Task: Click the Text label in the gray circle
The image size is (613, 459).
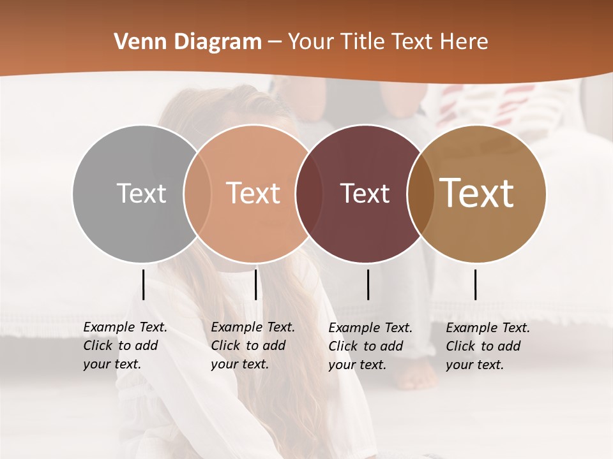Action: pyautogui.click(x=141, y=193)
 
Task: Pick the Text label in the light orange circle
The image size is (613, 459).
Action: pyautogui.click(x=254, y=193)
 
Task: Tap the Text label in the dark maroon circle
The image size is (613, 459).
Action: pyautogui.click(x=365, y=193)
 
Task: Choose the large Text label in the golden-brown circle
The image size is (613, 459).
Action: pyautogui.click(x=477, y=193)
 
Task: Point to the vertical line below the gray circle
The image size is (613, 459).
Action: pyautogui.click(x=143, y=284)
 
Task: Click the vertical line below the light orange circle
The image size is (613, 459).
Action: pyautogui.click(x=255, y=284)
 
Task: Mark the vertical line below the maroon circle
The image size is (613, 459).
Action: pyautogui.click(x=368, y=284)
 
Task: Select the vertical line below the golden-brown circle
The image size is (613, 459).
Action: pyautogui.click(x=475, y=284)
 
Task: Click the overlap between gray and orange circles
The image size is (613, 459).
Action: pyautogui.click(x=197, y=193)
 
